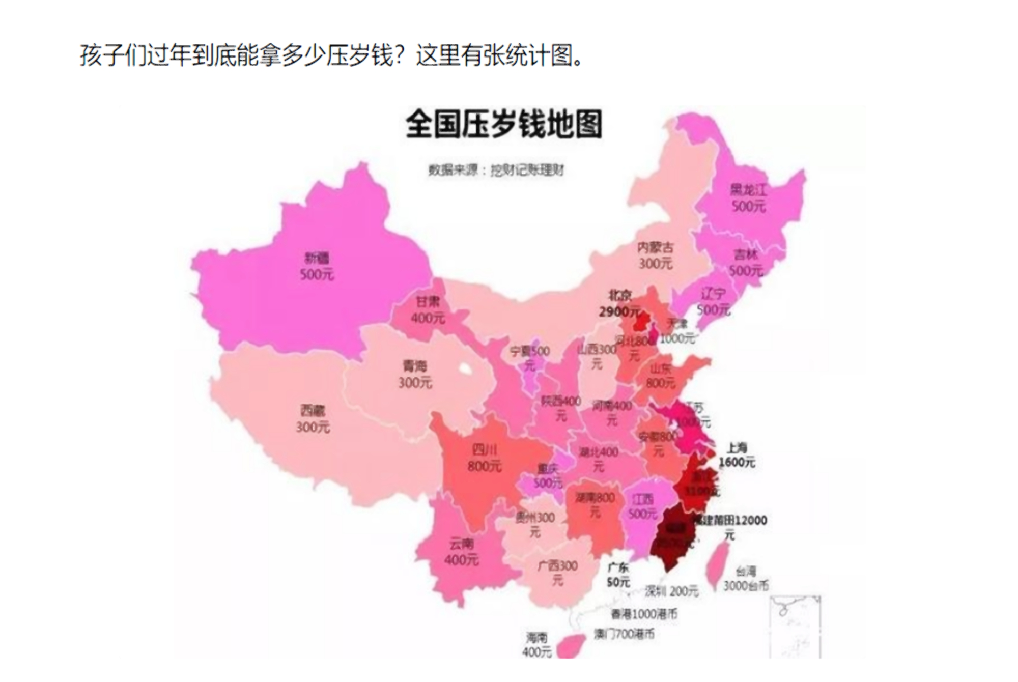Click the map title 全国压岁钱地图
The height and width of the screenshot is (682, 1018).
[x=503, y=124]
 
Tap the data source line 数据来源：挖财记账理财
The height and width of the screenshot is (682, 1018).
[x=496, y=170]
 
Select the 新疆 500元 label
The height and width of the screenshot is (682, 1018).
[x=317, y=266]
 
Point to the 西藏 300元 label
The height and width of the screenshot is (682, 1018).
[x=313, y=418]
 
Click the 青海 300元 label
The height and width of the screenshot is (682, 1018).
[x=415, y=374]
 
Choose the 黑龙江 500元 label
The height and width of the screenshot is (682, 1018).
[x=748, y=198]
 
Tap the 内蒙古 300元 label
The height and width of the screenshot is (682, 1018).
[x=656, y=255]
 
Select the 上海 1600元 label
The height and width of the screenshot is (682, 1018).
[x=737, y=455]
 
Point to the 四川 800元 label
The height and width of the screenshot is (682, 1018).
[x=485, y=458]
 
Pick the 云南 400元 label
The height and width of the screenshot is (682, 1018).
[x=461, y=552]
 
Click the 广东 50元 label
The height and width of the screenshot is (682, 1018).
[x=618, y=574]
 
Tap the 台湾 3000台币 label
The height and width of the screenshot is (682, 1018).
[x=746, y=579]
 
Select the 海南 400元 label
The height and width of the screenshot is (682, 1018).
[x=536, y=644]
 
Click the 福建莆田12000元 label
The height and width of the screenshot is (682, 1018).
[x=731, y=526]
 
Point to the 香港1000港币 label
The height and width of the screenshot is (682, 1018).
[x=644, y=614]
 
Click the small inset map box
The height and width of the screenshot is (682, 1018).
[x=795, y=627]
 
